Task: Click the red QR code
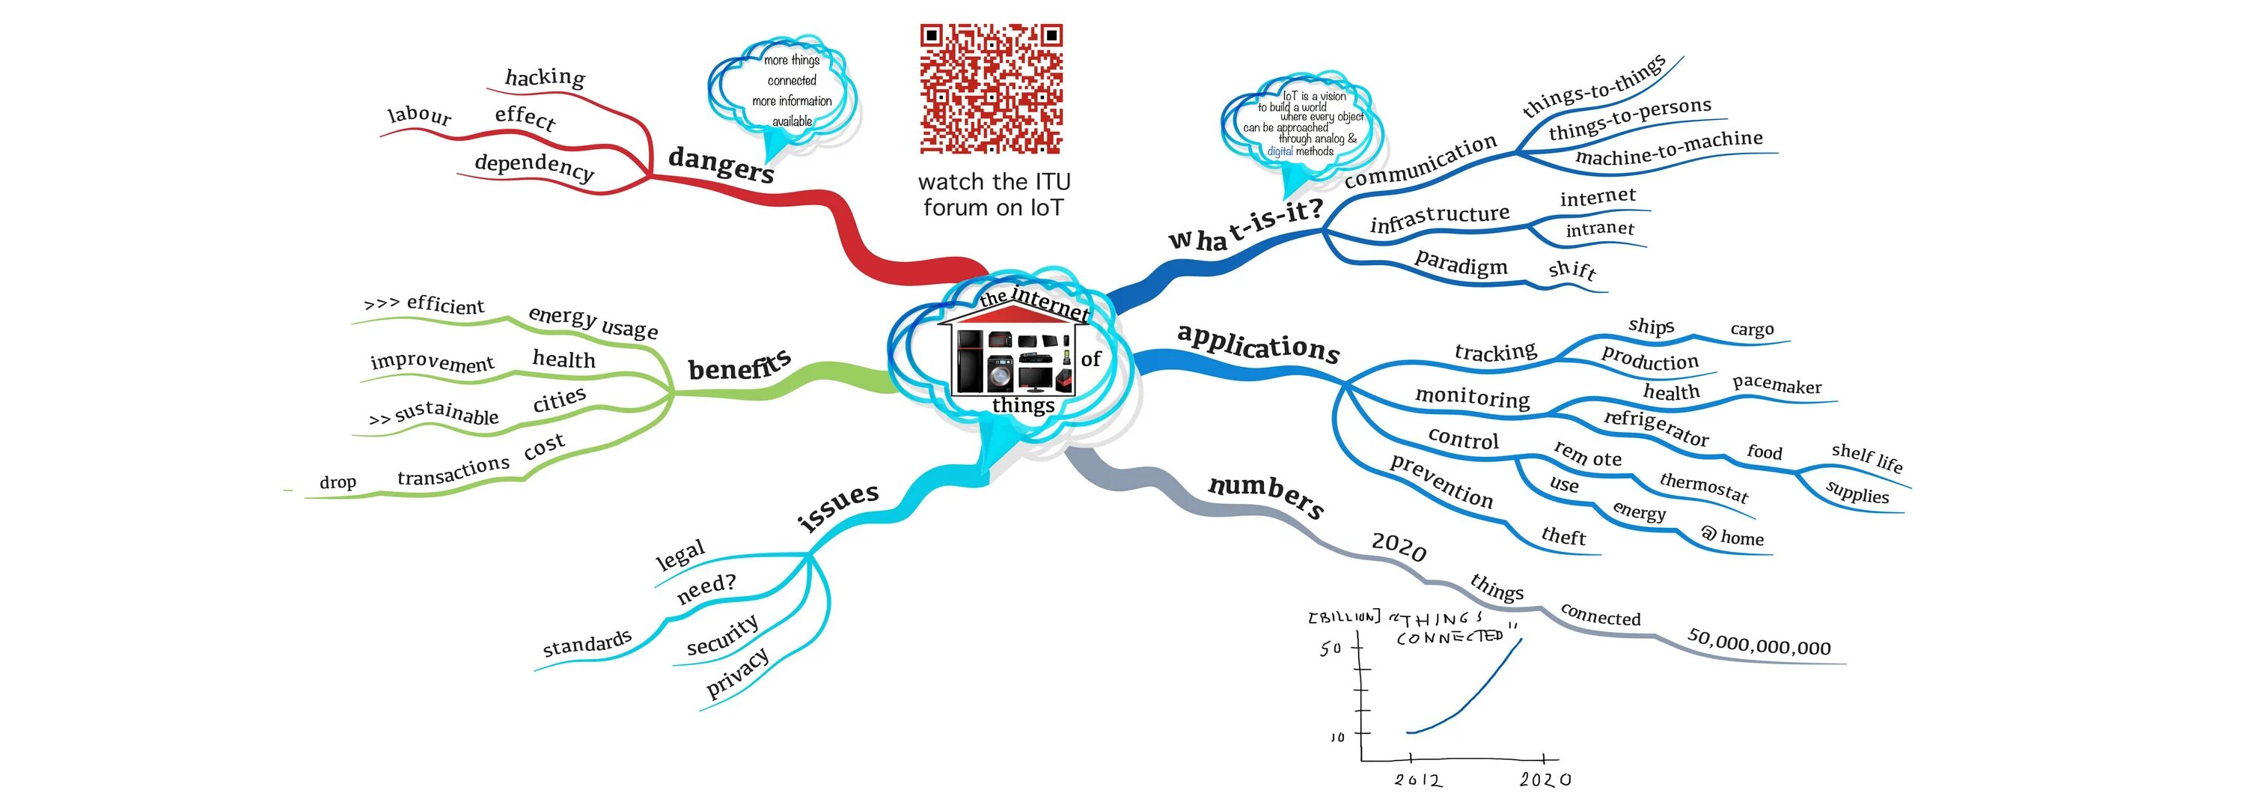(x=991, y=88)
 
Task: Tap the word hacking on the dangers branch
(x=545, y=78)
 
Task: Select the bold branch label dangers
(x=721, y=164)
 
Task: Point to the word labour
(x=419, y=115)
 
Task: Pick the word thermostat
(x=1704, y=487)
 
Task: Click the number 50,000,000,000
(x=1759, y=642)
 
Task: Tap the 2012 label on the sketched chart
(x=1417, y=780)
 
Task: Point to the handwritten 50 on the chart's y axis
(x=1330, y=648)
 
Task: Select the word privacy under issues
(x=737, y=672)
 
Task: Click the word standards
(x=587, y=644)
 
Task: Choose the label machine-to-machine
(x=1668, y=149)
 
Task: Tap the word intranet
(x=1599, y=229)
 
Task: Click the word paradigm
(x=1461, y=262)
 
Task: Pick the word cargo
(x=1752, y=329)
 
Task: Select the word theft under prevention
(x=1563, y=536)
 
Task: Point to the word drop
(x=337, y=482)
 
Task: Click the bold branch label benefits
(x=739, y=365)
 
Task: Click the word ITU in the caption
(x=1052, y=182)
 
